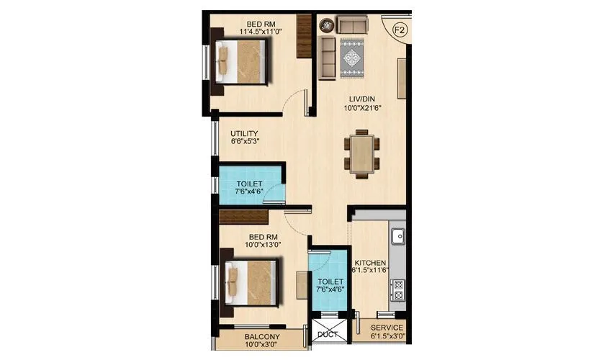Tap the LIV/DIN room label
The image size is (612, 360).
click(359, 98)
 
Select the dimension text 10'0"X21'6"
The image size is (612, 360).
click(359, 108)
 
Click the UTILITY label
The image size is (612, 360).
click(245, 133)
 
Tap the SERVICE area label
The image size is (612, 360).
click(387, 328)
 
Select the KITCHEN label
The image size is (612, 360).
click(370, 263)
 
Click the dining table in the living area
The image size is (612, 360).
click(359, 152)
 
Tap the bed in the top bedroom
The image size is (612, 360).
click(243, 62)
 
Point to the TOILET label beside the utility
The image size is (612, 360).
click(250, 184)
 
